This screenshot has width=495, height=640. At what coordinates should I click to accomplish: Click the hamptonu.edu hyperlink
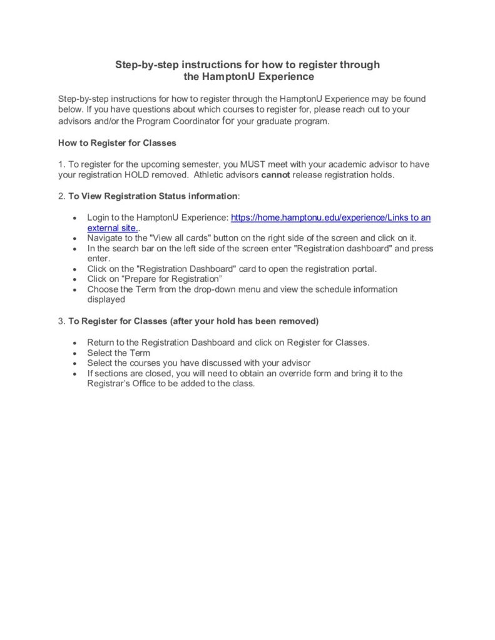[330, 217]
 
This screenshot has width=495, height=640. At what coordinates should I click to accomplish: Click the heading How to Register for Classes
[117, 142]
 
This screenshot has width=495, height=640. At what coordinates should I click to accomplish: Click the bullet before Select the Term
[75, 353]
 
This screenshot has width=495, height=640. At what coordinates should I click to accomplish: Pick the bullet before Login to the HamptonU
[75, 218]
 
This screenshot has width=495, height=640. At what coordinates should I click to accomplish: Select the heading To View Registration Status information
[153, 196]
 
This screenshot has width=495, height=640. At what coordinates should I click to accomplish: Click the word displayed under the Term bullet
[106, 299]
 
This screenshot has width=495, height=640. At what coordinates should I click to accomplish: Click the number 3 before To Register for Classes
[61, 321]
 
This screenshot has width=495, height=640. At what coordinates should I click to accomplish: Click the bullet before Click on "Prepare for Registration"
[75, 279]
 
